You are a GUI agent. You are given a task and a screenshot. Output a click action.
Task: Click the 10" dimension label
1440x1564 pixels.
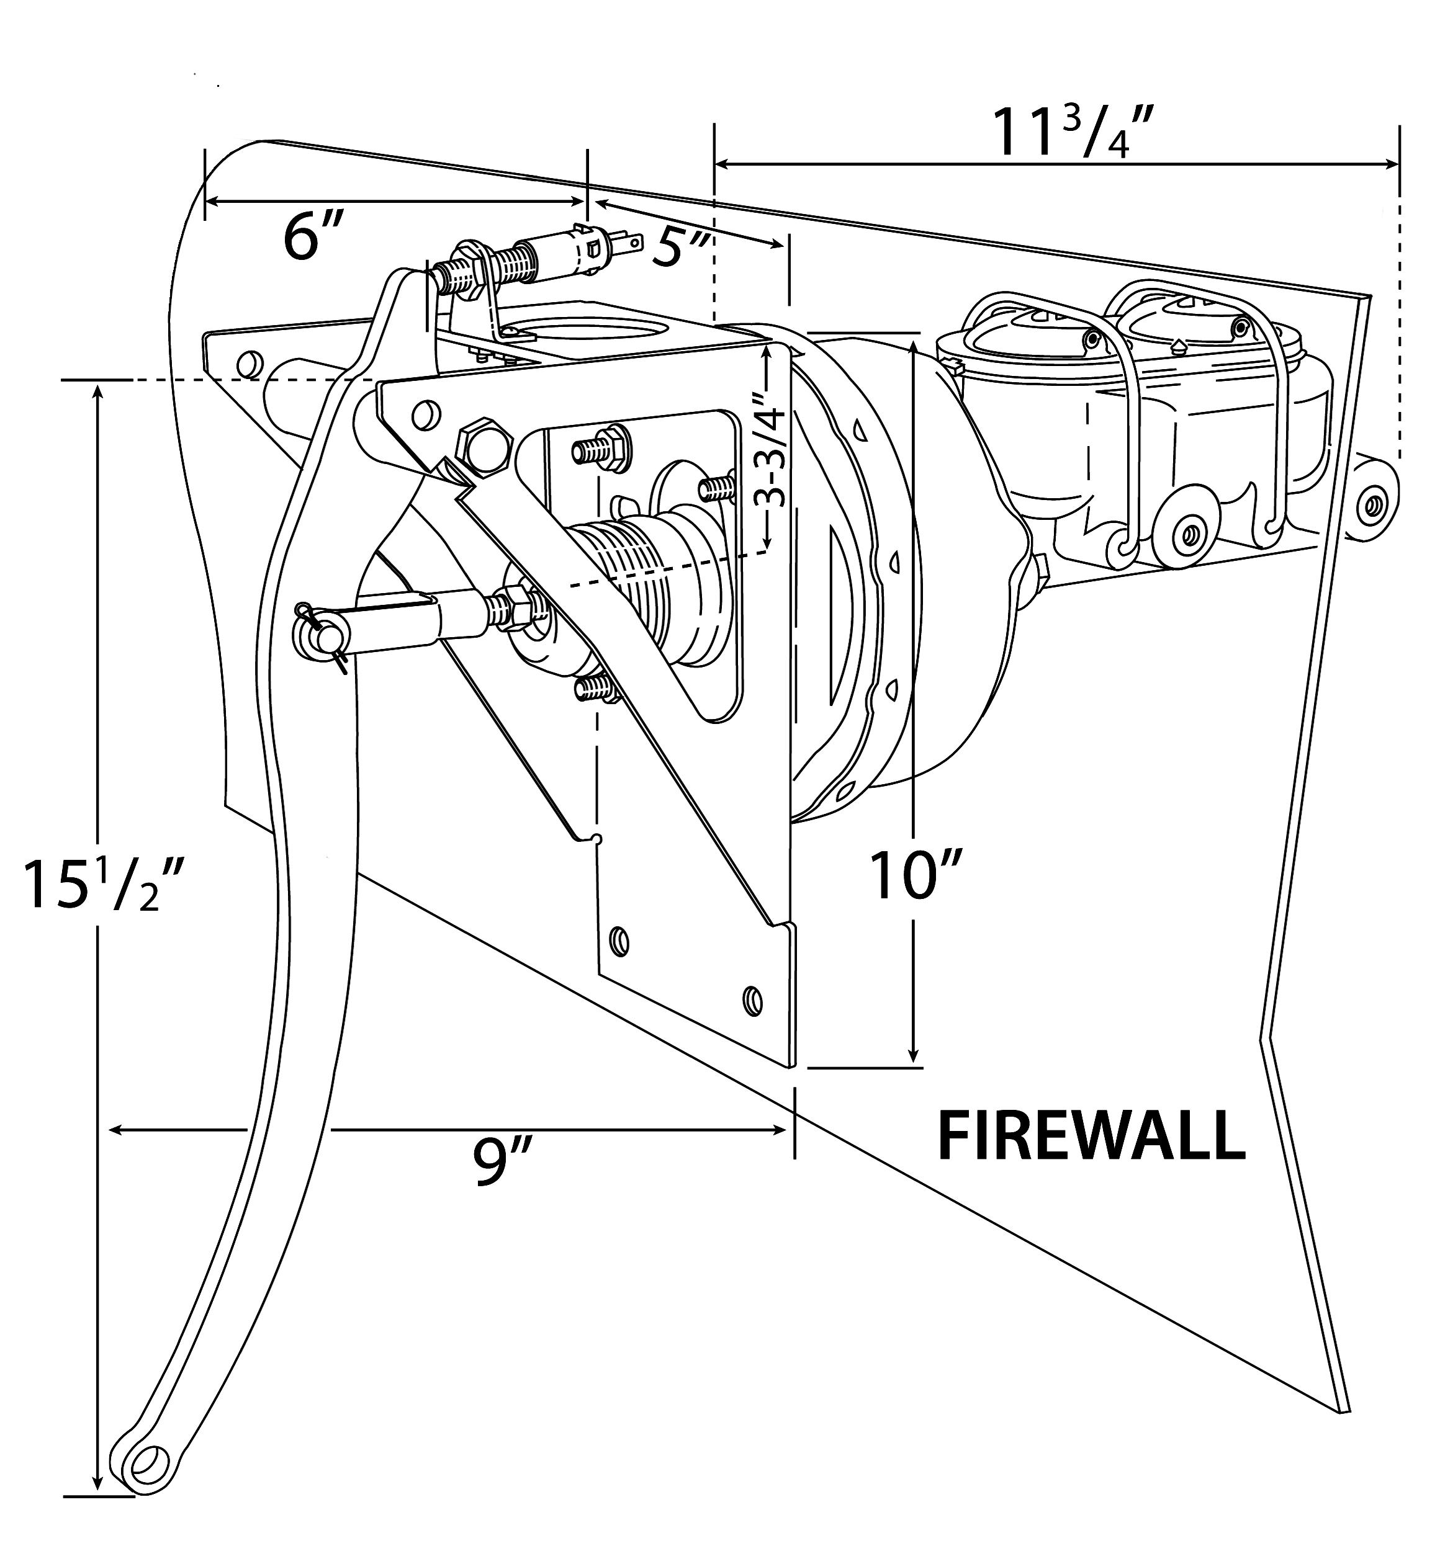click(x=916, y=876)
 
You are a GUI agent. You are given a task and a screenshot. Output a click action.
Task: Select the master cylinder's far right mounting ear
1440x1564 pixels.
click(x=1375, y=506)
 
